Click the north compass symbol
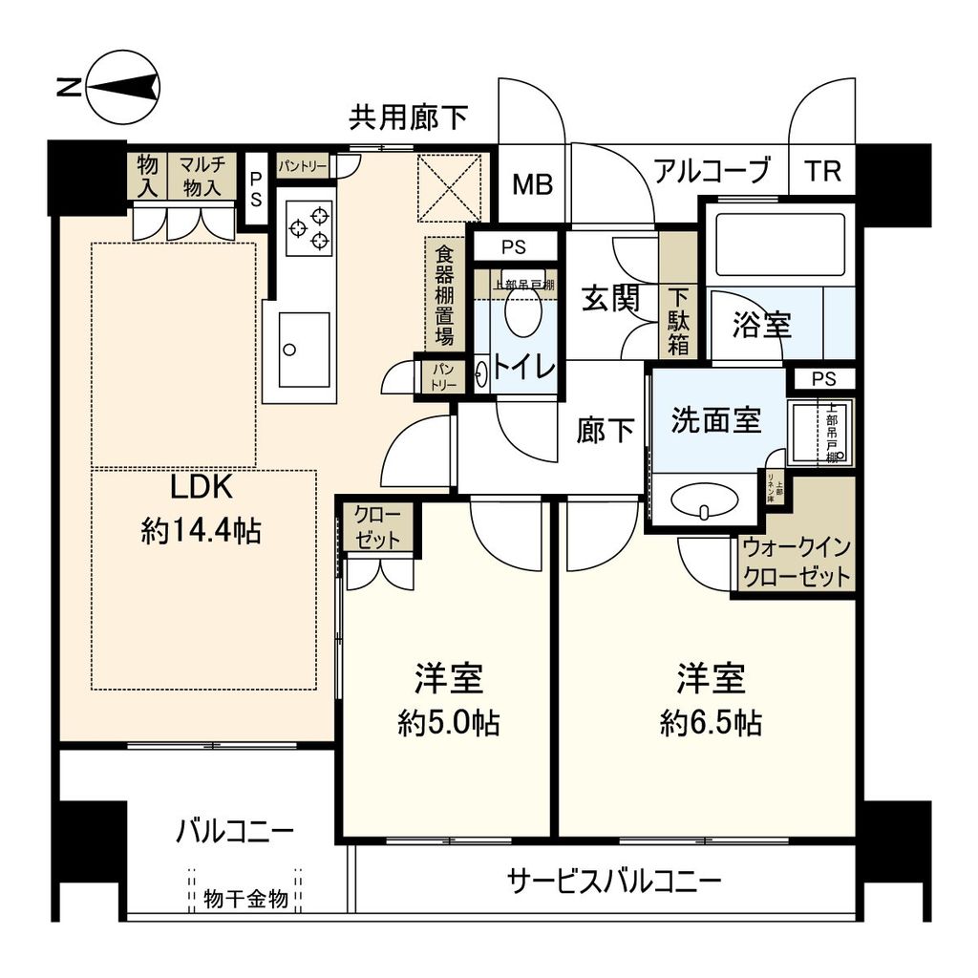[x=122, y=89]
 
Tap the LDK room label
[x=202, y=487]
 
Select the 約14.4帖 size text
[x=202, y=531]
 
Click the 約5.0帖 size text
[x=448, y=723]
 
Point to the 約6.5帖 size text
[x=711, y=723]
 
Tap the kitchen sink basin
[x=305, y=350]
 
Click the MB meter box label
[x=531, y=185]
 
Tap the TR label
[x=822, y=172]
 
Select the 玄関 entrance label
[x=611, y=299]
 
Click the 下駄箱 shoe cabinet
[x=678, y=321]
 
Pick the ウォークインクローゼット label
[x=797, y=563]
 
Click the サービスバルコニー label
[x=614, y=880]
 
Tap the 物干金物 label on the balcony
[x=245, y=899]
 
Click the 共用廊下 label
[x=408, y=118]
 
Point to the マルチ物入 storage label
[x=202, y=175]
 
